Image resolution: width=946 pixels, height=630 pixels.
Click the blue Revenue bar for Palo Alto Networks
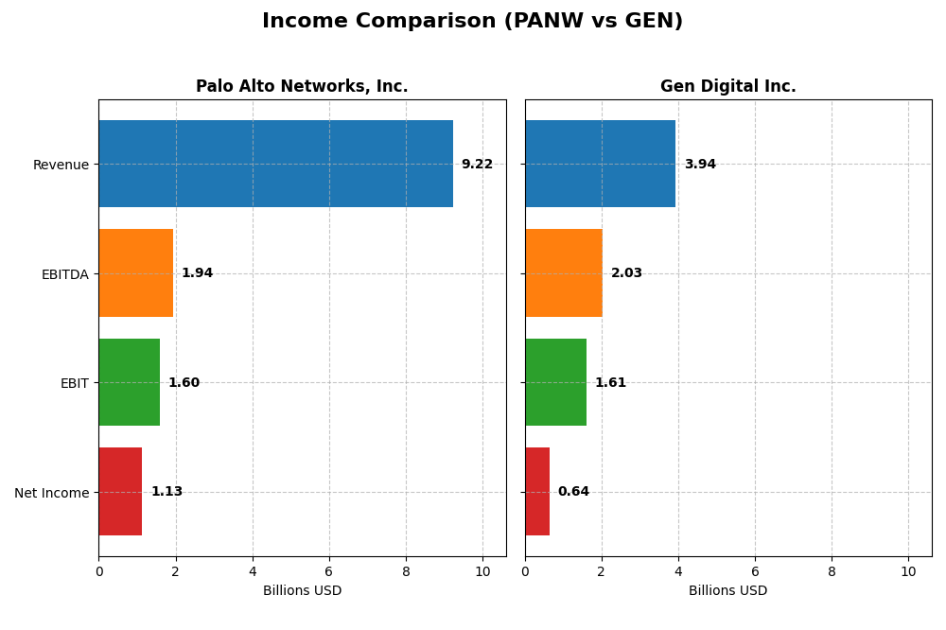pyautogui.click(x=275, y=164)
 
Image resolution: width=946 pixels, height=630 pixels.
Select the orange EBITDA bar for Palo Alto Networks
pyautogui.click(x=136, y=273)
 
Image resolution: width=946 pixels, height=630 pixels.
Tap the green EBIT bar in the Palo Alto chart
pyautogui.click(x=130, y=382)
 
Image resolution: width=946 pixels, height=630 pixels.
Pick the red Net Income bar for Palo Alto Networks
pyautogui.click(x=120, y=492)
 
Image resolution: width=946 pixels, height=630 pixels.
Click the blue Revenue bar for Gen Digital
pyautogui.click(x=600, y=164)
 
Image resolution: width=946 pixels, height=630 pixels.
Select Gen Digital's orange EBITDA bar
pyautogui.click(x=564, y=273)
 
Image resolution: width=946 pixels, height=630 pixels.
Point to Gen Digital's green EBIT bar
pyautogui.click(x=555, y=382)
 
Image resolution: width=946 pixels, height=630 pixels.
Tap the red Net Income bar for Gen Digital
pyautogui.click(x=537, y=492)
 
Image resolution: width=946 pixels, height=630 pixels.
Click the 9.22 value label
pyautogui.click(x=477, y=165)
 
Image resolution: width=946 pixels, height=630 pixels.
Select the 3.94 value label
pyautogui.click(x=700, y=165)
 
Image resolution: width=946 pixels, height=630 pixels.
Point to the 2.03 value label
pyautogui.click(x=626, y=273)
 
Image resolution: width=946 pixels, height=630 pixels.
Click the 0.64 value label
pyautogui.click(x=573, y=492)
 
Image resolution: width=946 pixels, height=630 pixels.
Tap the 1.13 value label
pyautogui.click(x=166, y=492)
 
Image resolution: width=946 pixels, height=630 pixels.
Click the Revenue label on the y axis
pyautogui.click(x=61, y=165)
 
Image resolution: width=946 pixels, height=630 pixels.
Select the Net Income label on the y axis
pyautogui.click(x=51, y=493)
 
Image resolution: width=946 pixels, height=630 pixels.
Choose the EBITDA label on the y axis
pyautogui.click(x=64, y=274)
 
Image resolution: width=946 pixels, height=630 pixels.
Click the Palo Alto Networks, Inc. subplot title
pyautogui.click(x=302, y=87)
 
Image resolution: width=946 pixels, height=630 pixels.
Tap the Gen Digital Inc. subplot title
pyautogui.click(x=727, y=87)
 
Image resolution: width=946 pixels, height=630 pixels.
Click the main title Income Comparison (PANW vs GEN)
pyautogui.click(x=472, y=22)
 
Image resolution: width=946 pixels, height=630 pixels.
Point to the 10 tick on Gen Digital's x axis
pyautogui.click(x=908, y=572)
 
